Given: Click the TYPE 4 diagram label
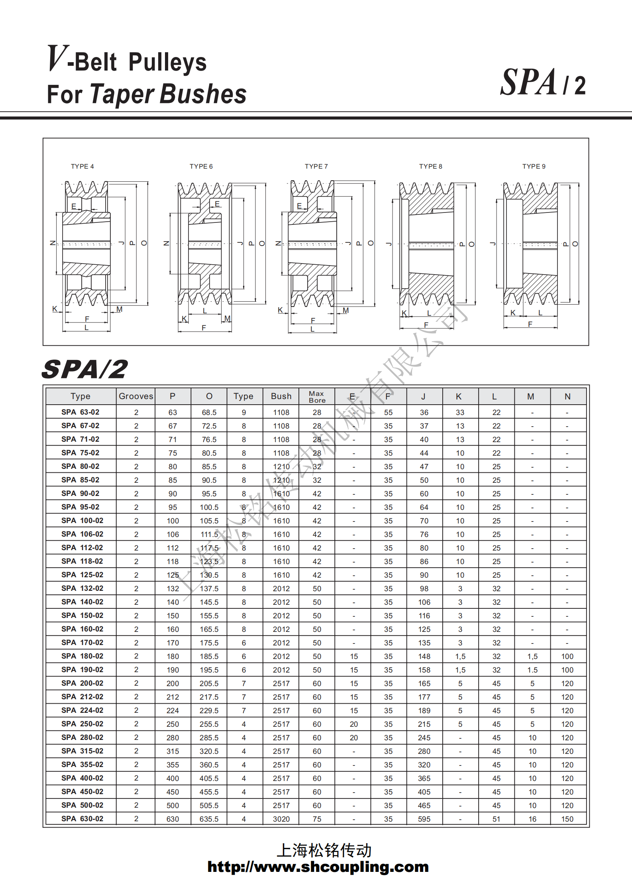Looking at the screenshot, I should coord(82,167).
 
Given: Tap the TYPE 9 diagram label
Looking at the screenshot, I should coord(534,167).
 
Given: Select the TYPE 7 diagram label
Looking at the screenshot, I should coord(316,167).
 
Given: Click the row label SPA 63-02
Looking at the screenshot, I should coord(80,412).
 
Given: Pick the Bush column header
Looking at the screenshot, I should coord(281,396).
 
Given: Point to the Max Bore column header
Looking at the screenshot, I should coord(317,397).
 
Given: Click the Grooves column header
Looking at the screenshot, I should coord(136,396).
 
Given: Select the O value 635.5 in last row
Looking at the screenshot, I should coord(209,819).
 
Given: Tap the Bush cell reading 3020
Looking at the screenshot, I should coord(281,819).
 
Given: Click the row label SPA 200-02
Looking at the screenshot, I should coord(82,683).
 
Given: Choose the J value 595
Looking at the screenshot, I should coord(424,819).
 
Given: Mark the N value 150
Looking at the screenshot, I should coord(567,819).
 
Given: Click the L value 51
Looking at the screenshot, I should coord(496,819).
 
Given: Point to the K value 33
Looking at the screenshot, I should coord(460,412).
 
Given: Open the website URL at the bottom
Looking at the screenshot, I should coord(318,867).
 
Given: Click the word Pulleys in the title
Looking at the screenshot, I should coord(167,62).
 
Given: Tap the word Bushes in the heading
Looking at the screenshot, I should coord(203,94).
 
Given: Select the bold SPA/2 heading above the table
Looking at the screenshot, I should coord(85,369).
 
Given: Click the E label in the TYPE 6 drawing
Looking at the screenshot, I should coord(217,204).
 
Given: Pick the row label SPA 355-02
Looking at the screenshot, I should coord(82,765).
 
